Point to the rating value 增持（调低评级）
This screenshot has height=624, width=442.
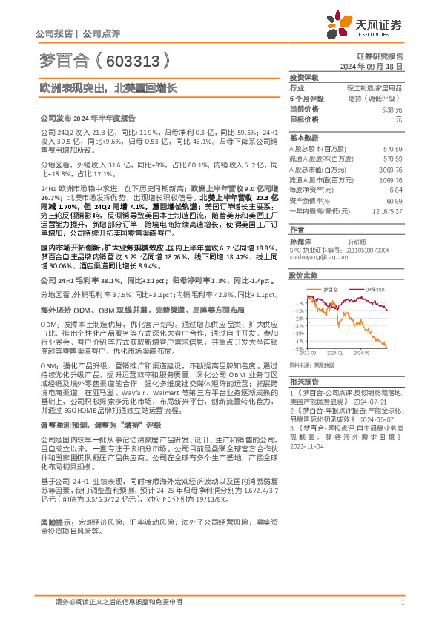point(380,98)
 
